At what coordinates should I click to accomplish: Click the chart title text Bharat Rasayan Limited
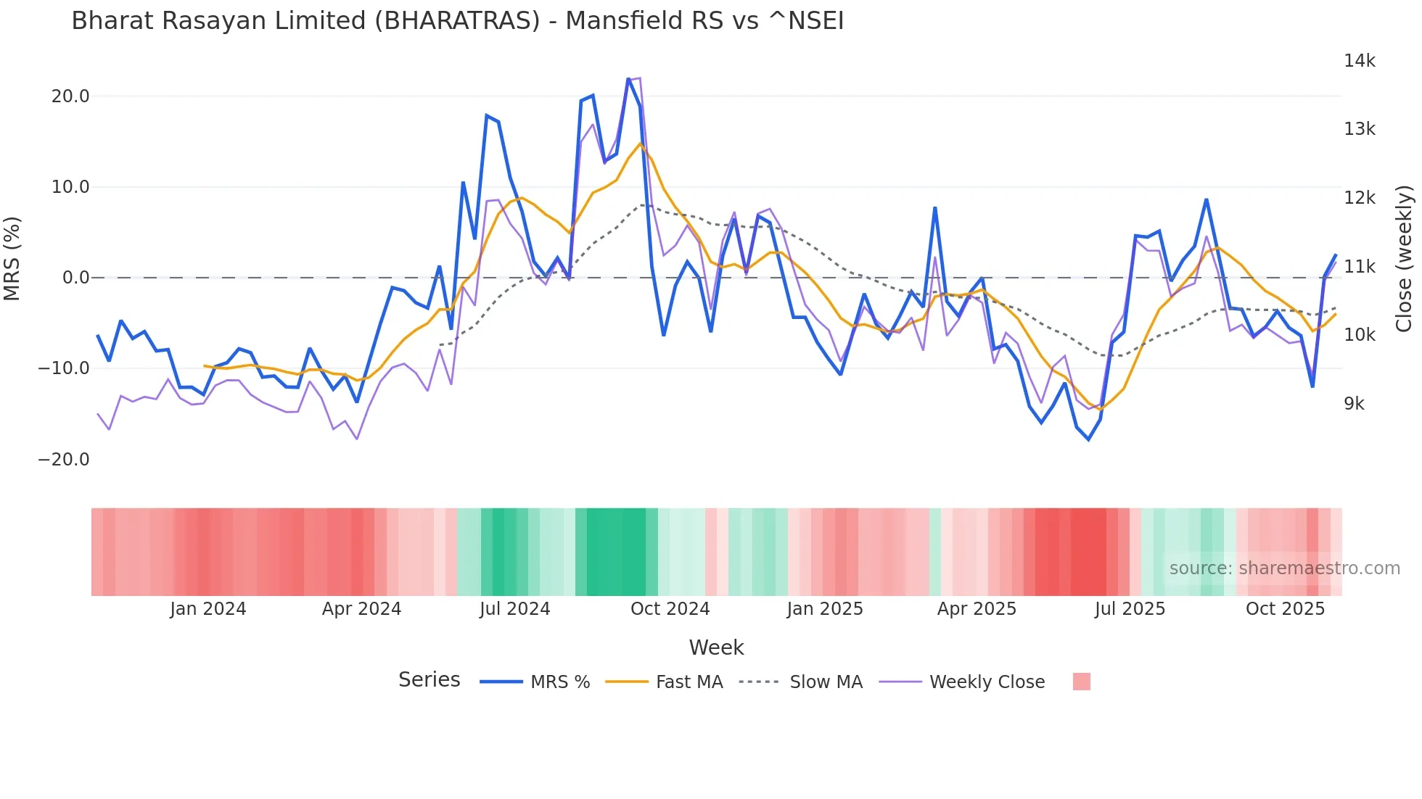[x=457, y=21]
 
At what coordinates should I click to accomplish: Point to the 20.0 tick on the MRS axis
[x=70, y=96]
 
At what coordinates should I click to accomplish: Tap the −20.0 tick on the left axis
[x=64, y=460]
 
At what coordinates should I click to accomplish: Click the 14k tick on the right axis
[x=1359, y=61]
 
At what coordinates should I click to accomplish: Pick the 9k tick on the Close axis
[x=1354, y=404]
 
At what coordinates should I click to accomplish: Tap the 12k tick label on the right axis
[x=1359, y=198]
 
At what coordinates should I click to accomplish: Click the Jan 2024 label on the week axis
[x=208, y=609]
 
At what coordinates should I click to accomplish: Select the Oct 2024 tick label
[x=670, y=609]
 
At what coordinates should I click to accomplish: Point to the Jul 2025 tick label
[x=1130, y=609]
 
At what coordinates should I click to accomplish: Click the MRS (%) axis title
[x=12, y=258]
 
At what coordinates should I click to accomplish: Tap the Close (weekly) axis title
[x=1404, y=259]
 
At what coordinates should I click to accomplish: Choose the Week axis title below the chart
[x=716, y=647]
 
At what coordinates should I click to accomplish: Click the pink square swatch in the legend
[x=1081, y=682]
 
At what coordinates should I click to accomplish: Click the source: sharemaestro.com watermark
[x=1284, y=568]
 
